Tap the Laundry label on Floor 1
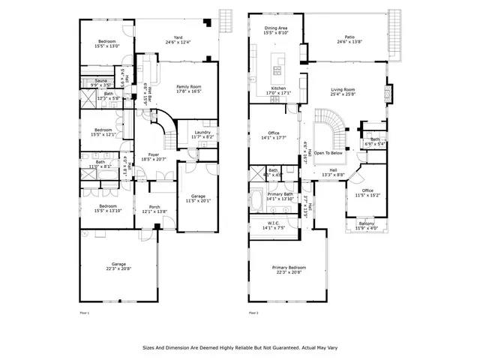(202, 133)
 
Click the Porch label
(154, 207)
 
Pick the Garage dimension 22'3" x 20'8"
(119, 268)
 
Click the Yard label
(178, 37)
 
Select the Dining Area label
(275, 28)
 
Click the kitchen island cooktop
(277, 70)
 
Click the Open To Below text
(329, 152)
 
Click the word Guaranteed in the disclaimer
(277, 348)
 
